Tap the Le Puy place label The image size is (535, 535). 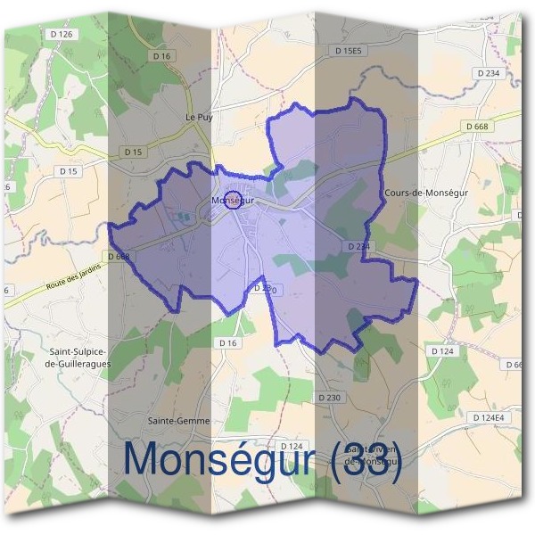(198, 117)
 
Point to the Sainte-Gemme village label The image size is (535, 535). (179, 420)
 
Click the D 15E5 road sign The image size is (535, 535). (350, 52)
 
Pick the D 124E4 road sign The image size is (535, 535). (489, 417)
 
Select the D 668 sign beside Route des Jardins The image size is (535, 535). (118, 257)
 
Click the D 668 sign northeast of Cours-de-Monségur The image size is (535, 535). (478, 127)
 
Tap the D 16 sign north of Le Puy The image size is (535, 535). (161, 56)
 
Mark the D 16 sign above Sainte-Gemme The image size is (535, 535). (228, 342)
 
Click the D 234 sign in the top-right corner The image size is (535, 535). (489, 73)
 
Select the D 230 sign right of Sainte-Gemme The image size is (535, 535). (329, 398)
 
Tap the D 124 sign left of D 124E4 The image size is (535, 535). (443, 351)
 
